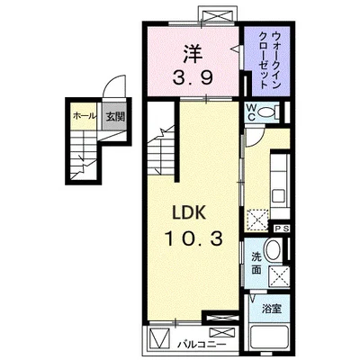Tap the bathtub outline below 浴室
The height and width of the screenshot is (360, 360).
pyautogui.click(x=269, y=339)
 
